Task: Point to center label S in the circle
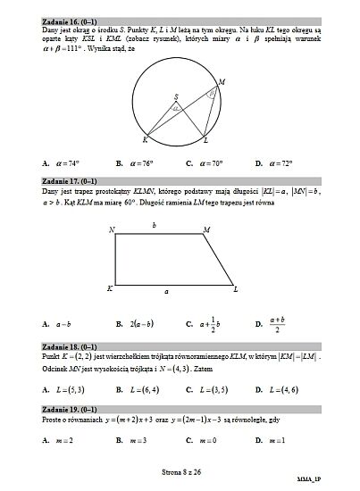(x=176, y=96)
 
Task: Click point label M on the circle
(x=222, y=81)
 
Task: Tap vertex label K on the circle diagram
(x=145, y=141)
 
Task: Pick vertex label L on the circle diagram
(x=206, y=141)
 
